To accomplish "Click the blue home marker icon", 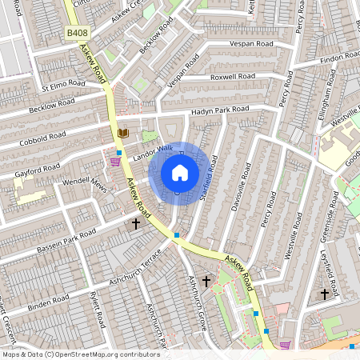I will click(180, 173).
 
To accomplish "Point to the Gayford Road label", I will click(38, 170).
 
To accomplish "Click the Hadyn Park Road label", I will click(220, 109).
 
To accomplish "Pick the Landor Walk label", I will click(154, 150).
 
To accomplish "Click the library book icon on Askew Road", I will click(122, 134).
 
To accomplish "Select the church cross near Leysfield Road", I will click(325, 294).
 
